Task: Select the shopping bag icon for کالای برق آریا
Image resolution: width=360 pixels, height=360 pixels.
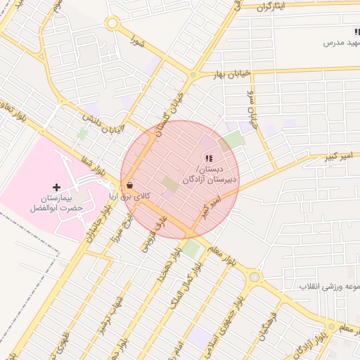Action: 130,186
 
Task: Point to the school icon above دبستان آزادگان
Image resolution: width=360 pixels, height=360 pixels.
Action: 208,157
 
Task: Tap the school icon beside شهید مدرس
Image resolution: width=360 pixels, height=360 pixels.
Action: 356,32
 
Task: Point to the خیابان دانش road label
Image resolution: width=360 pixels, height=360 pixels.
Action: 103,120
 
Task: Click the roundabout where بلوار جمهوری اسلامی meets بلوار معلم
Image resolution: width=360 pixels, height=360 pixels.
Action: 254,278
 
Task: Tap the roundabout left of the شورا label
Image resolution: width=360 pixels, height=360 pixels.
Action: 112,23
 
